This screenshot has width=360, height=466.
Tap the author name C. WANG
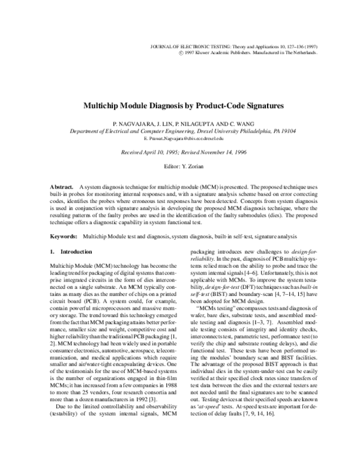coord(234,122)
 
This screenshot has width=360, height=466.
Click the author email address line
coord(180,138)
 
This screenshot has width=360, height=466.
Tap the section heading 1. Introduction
coord(71,252)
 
